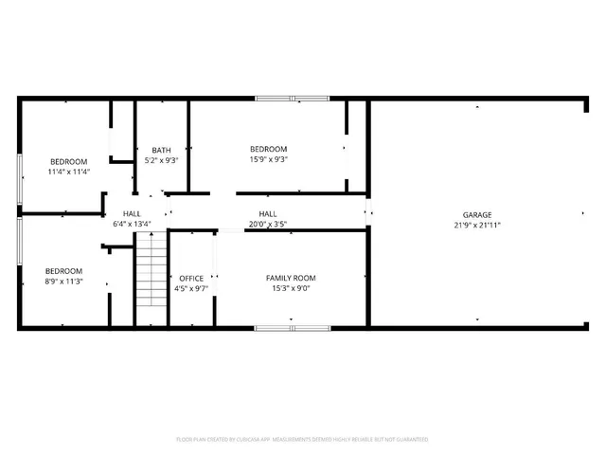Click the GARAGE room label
pos(477,215)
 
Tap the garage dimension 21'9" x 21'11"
pos(477,226)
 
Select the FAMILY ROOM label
pos(291,277)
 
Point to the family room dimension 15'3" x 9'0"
pos(291,288)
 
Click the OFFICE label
pos(191,278)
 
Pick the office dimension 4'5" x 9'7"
pos(191,289)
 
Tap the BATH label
pos(162,150)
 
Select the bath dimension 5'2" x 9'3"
pos(162,161)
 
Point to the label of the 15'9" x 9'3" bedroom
pos(268,149)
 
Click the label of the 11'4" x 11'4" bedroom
pos(68,161)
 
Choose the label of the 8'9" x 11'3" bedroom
pos(63,270)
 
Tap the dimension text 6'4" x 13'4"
pos(133,225)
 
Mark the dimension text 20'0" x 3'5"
pos(268,225)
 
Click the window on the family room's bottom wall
pos(292,328)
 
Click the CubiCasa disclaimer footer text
pos(303,440)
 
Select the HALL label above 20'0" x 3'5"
pos(268,214)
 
